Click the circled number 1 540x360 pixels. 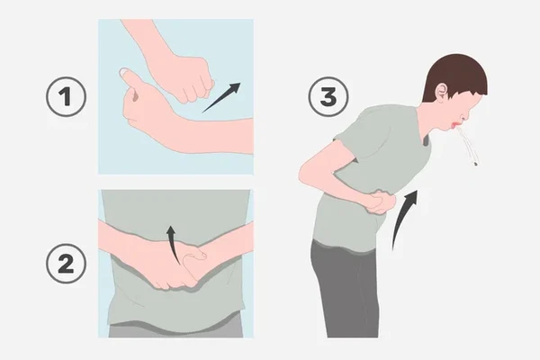click(66, 97)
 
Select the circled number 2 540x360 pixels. click(66, 264)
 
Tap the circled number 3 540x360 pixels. click(328, 97)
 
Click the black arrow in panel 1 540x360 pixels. click(221, 98)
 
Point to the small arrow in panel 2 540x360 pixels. click(173, 246)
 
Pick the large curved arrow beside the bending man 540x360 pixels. click(401, 217)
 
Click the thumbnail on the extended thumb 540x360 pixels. click(124, 72)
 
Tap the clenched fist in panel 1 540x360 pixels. click(188, 80)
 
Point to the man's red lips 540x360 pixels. click(455, 126)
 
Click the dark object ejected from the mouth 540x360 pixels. click(475, 164)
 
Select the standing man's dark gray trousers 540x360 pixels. click(345, 290)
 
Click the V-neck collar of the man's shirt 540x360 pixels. click(427, 136)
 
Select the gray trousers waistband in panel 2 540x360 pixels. click(175, 329)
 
